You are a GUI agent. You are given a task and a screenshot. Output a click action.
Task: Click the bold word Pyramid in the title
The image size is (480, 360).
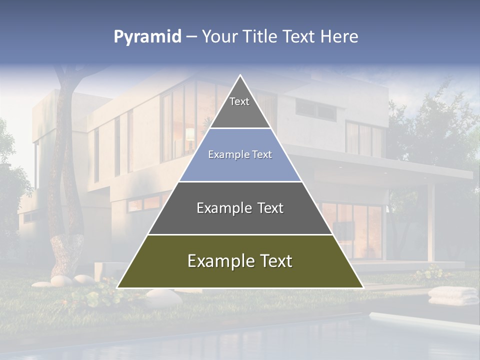[147, 37]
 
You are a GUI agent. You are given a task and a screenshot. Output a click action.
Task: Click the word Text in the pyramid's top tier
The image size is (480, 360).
[239, 101]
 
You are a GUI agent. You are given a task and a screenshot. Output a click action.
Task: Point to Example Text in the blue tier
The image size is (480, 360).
[240, 154]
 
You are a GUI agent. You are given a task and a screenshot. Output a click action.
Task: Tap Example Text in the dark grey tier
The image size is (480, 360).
[240, 208]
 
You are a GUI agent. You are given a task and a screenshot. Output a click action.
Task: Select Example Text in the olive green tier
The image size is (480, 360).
[240, 261]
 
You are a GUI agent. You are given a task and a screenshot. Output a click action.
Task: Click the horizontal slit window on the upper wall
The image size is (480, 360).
[315, 108]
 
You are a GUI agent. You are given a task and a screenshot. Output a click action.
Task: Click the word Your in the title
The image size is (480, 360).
[218, 36]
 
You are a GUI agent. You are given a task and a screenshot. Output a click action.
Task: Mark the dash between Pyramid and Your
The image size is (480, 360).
[191, 37]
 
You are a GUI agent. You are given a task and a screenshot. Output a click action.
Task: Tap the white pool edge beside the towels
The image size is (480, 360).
[420, 320]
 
